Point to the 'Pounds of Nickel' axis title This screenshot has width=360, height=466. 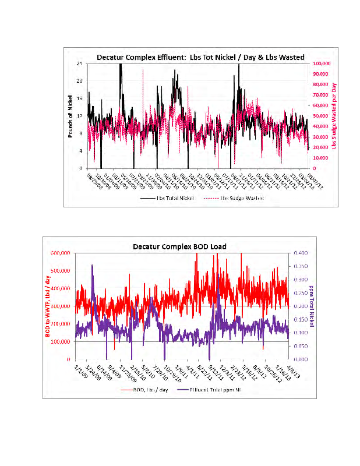[x=69, y=116]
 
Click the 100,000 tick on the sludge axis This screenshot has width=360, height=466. [x=323, y=63]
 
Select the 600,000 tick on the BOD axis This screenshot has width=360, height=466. [x=64, y=253]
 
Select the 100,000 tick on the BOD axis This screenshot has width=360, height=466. [x=64, y=341]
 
